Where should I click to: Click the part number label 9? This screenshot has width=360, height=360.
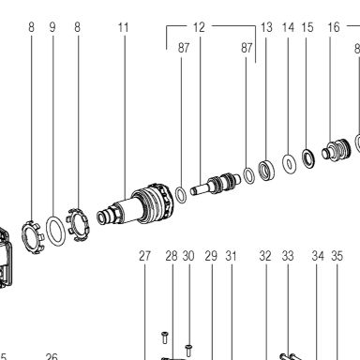point(52,27)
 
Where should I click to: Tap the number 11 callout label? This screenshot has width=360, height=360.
point(124,27)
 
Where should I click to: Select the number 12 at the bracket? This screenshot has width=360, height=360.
point(199,27)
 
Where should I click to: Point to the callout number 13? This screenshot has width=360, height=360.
point(266,27)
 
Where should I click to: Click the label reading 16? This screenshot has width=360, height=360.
point(334,27)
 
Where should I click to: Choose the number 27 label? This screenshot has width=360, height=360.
point(144,256)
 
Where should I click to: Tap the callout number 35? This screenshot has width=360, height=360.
point(337,256)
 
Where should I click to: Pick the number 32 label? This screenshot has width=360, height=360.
point(265,256)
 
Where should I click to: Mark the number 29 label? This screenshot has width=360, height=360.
point(211,256)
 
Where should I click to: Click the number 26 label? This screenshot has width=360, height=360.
point(52,356)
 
